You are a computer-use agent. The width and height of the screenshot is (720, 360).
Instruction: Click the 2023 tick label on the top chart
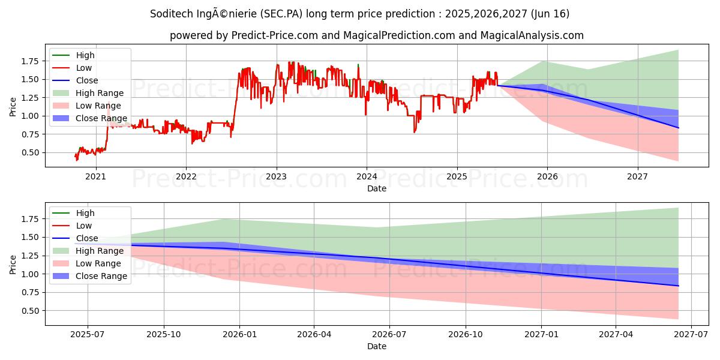[276, 176]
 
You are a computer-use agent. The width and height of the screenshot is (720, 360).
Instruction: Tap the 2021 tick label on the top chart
[95, 176]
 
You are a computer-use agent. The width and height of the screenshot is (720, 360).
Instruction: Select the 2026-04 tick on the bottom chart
[314, 334]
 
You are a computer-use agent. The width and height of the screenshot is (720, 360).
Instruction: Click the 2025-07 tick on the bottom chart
[88, 334]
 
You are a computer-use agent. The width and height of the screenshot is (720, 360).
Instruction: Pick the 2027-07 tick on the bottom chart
[691, 334]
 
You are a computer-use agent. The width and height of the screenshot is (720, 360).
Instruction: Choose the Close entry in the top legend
[87, 80]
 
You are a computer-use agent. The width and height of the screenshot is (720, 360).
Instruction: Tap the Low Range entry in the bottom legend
[99, 263]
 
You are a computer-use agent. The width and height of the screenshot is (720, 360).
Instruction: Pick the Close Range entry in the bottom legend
[101, 276]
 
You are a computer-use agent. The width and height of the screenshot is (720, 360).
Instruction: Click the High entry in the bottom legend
[85, 213]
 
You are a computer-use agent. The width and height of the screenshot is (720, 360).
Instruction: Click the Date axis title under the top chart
[377, 188]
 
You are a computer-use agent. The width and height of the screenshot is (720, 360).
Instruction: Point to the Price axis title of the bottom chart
[13, 264]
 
